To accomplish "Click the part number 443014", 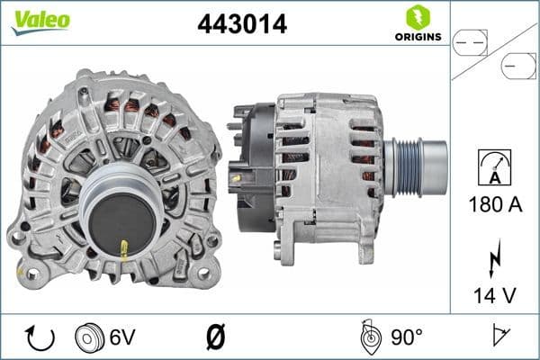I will (241, 25).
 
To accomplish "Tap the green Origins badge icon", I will (417, 17).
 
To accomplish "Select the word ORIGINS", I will (417, 37).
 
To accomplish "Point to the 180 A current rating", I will (496, 205).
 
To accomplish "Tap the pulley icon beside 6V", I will (90, 337).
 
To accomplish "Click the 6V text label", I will (121, 337).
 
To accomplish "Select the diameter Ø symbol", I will (214, 337).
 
